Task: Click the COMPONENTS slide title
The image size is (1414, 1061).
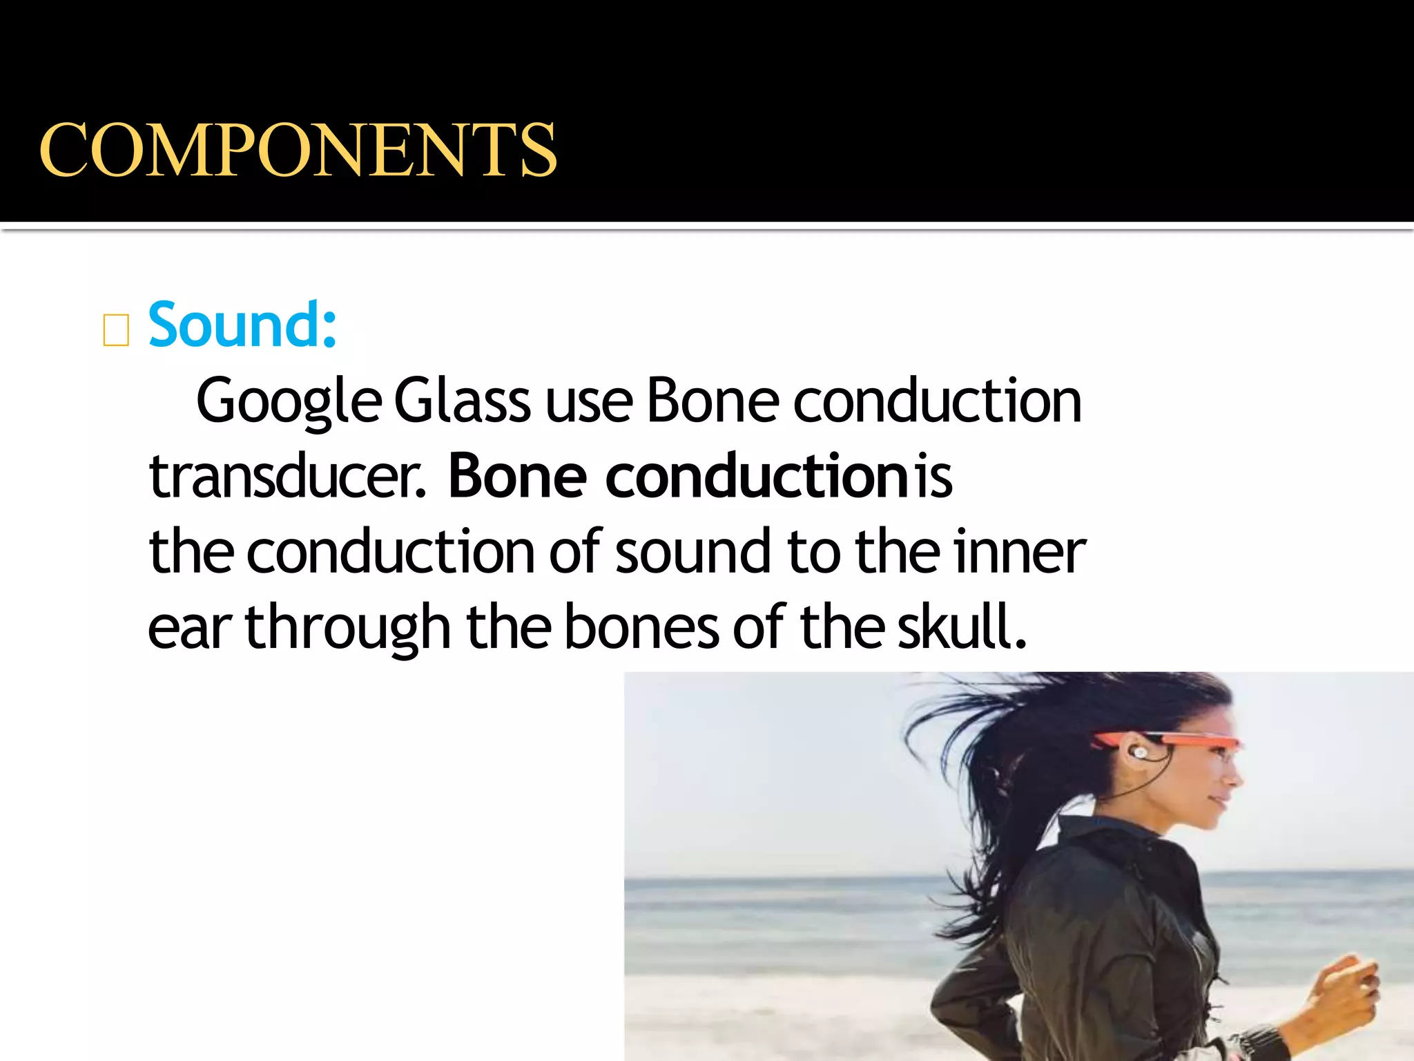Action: [x=298, y=150]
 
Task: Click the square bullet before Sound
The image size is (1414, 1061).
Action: [x=116, y=329]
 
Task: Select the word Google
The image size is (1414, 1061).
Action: [x=289, y=402]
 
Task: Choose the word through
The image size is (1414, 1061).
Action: [x=347, y=627]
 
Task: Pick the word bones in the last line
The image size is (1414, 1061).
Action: [x=641, y=627]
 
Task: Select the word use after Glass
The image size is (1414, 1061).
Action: [x=589, y=402]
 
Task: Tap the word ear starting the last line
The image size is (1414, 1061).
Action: [x=188, y=627]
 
